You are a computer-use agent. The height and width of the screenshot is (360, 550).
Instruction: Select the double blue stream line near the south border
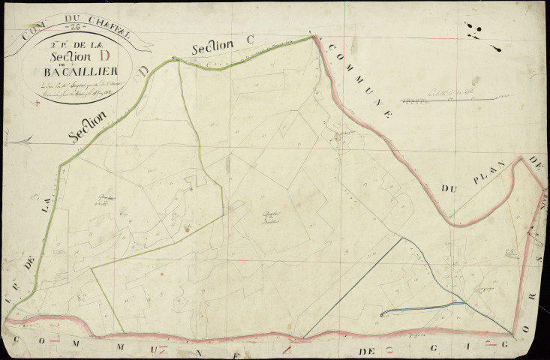click(x=420, y=308)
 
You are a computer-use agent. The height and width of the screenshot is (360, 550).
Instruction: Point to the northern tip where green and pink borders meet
click(x=311, y=36)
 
